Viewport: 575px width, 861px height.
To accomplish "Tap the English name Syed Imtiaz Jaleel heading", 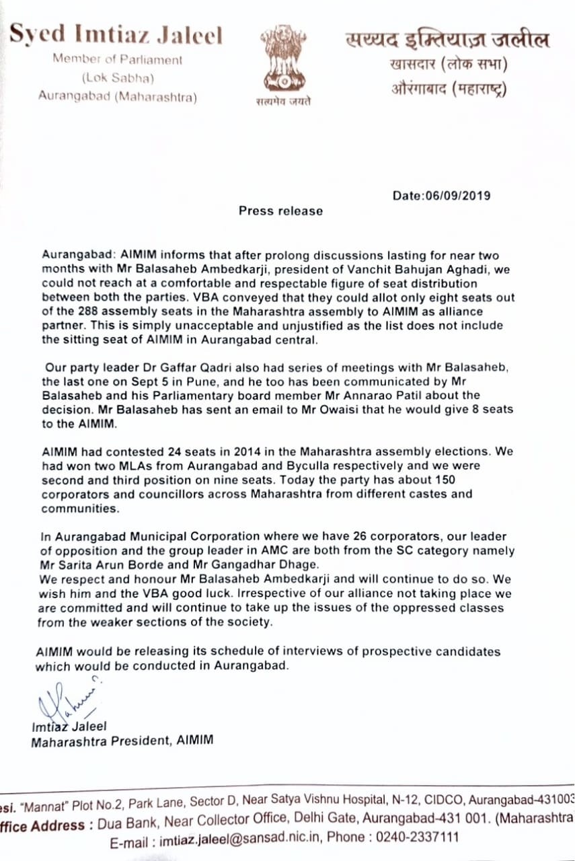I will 116,36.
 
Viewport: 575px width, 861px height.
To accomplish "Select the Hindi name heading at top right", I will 447,40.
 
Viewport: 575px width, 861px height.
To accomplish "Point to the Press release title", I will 280,211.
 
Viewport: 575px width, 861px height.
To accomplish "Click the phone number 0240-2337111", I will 419,839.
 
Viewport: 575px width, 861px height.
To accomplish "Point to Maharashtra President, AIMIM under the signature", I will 122,741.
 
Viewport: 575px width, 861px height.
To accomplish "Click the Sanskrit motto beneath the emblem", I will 283,102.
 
